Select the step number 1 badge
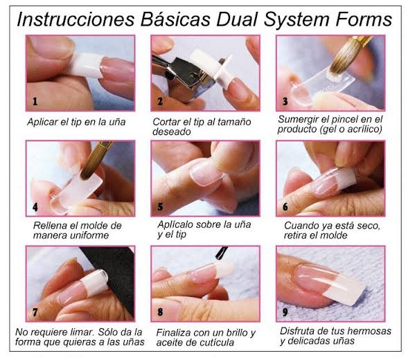click(35, 102)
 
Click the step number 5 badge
click(160, 206)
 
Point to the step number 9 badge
click(284, 312)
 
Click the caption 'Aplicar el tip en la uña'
click(76, 121)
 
